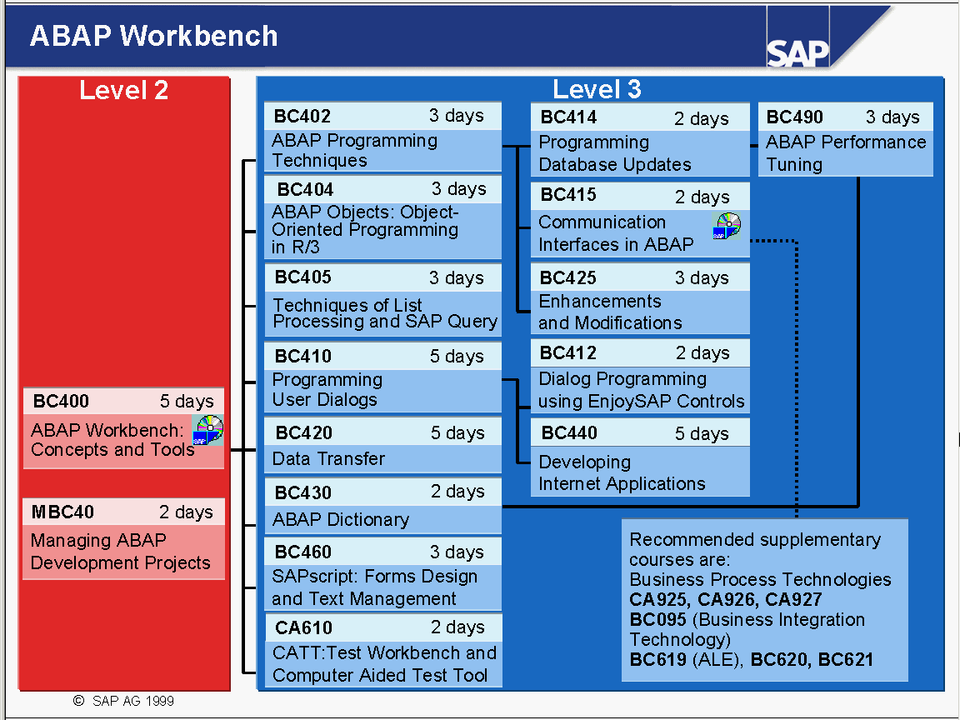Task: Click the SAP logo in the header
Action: click(797, 53)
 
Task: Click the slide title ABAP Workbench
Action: click(153, 36)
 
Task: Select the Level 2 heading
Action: click(123, 90)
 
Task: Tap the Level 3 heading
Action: click(597, 89)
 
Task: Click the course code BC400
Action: click(61, 401)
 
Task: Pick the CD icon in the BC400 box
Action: click(208, 429)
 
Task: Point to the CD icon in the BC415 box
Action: click(727, 226)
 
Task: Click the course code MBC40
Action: click(62, 512)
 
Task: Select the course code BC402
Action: click(302, 116)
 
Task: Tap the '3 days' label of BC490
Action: click(892, 117)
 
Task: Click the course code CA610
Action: click(303, 627)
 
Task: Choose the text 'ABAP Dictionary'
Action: click(341, 520)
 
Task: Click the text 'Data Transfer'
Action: click(329, 458)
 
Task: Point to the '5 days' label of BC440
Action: click(702, 433)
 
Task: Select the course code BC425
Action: click(568, 278)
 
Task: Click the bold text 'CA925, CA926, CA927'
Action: click(726, 599)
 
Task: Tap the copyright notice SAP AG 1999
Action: click(123, 701)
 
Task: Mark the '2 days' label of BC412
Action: click(702, 353)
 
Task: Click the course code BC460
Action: click(303, 552)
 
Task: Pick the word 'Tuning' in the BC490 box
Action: click(794, 165)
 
